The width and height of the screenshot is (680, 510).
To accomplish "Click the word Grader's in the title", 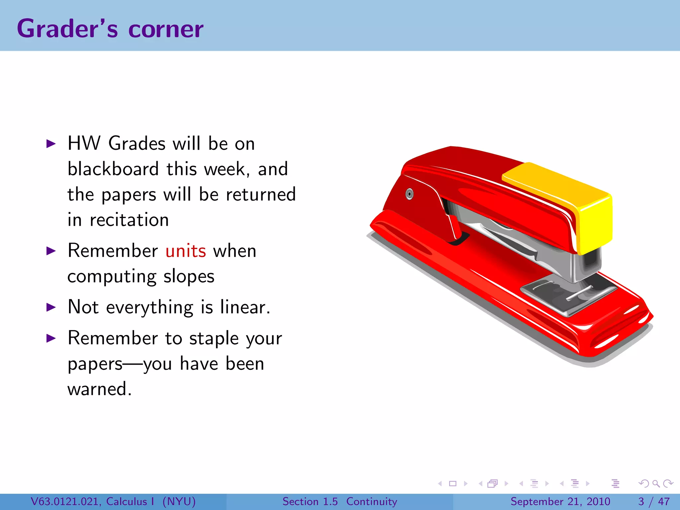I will coord(67,29).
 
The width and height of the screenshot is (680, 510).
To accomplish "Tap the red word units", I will coord(186,251).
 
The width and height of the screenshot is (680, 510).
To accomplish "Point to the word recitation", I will coord(129,220).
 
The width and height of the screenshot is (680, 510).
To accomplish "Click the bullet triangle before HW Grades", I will coord(51,144).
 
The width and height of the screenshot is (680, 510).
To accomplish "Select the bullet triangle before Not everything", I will coord(51,307).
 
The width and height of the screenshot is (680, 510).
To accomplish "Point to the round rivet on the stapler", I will coord(410,194).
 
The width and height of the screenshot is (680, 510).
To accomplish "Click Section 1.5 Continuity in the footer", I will coord(340,501).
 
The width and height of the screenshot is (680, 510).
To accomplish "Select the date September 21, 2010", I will coord(560,501).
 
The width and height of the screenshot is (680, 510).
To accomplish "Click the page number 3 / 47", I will coord(654,501).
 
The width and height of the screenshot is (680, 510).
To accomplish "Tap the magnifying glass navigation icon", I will coord(656,484).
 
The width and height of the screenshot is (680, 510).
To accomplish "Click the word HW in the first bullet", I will coord(84,143).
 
